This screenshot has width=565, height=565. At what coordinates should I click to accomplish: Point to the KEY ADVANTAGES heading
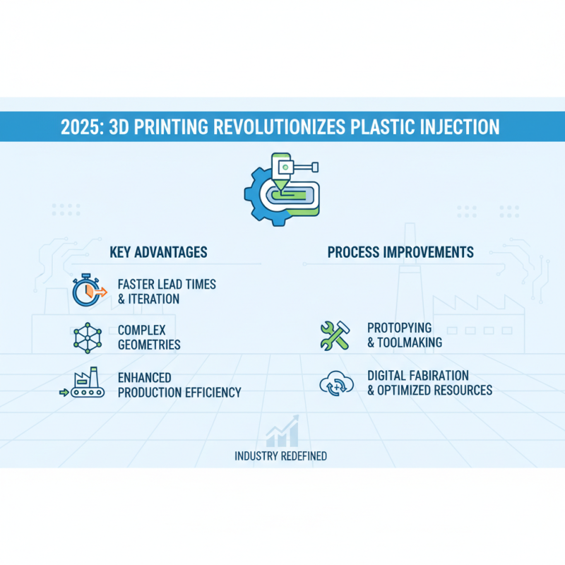pyautogui.click(x=159, y=252)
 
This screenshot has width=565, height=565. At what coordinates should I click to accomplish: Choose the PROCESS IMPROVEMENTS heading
pyautogui.click(x=400, y=252)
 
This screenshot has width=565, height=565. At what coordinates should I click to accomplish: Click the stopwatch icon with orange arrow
pyautogui.click(x=88, y=291)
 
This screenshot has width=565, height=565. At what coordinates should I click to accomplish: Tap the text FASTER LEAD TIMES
pyautogui.click(x=167, y=284)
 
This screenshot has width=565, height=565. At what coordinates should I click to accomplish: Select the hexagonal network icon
pyautogui.click(x=88, y=338)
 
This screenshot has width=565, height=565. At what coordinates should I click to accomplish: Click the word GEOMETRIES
pyautogui.click(x=149, y=345)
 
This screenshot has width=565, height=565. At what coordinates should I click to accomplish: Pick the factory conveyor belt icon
pyautogui.click(x=84, y=384)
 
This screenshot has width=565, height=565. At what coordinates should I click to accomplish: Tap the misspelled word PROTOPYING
pyautogui.click(x=400, y=328)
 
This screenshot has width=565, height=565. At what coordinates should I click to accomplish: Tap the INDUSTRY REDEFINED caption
pyautogui.click(x=280, y=456)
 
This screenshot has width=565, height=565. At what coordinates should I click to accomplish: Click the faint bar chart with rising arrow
pyautogui.click(x=282, y=432)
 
